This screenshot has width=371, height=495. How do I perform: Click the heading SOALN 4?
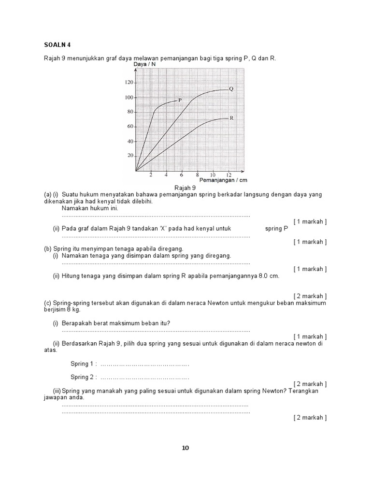pos(57,45)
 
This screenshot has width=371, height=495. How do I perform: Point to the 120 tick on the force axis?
pos(128,83)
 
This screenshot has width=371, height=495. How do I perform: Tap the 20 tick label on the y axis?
pos(130,156)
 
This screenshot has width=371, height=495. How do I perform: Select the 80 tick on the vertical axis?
pos(130,112)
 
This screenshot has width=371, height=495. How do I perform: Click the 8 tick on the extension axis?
pos(197,175)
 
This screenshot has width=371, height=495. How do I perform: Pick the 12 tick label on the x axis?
pos(228,175)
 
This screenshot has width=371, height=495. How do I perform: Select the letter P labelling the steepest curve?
pos(180,100)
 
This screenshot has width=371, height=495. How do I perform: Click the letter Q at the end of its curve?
pos(231,88)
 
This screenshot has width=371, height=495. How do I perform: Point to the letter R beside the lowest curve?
pos(231,117)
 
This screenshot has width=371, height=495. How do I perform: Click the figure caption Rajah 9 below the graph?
pos(185,188)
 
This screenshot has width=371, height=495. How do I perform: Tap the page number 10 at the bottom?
pos(185,448)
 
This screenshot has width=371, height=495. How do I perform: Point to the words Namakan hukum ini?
pos(90,208)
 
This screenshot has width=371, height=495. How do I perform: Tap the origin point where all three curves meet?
pos(137,171)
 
